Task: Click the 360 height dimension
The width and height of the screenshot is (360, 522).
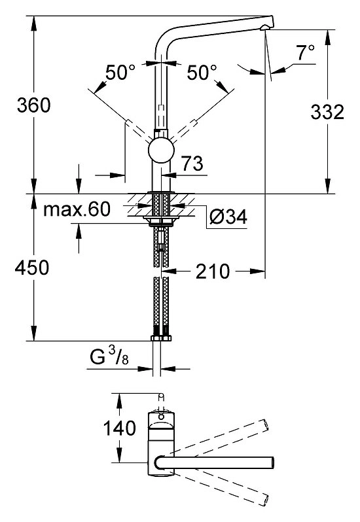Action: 33,105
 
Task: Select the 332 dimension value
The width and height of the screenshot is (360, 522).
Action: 327,112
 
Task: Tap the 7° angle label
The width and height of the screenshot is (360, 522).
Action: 306,52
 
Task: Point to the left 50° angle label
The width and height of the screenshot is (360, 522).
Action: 120,72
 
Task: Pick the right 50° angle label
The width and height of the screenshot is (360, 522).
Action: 202,72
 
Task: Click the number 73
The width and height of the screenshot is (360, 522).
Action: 192,164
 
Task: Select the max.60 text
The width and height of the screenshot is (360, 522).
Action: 77,209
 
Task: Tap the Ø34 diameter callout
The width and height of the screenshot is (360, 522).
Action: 228,217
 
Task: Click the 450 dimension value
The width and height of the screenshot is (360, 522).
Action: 32,268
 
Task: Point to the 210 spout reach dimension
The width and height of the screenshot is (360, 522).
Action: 213,271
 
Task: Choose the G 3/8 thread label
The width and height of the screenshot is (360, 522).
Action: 109,356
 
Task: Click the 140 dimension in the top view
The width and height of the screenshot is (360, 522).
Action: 120,428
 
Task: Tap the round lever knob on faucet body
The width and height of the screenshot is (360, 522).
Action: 161,150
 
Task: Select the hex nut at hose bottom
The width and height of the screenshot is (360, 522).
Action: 161,338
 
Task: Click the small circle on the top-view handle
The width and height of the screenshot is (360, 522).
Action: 161,416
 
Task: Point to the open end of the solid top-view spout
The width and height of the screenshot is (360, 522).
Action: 273,462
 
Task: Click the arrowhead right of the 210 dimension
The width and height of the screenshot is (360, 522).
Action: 257,271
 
